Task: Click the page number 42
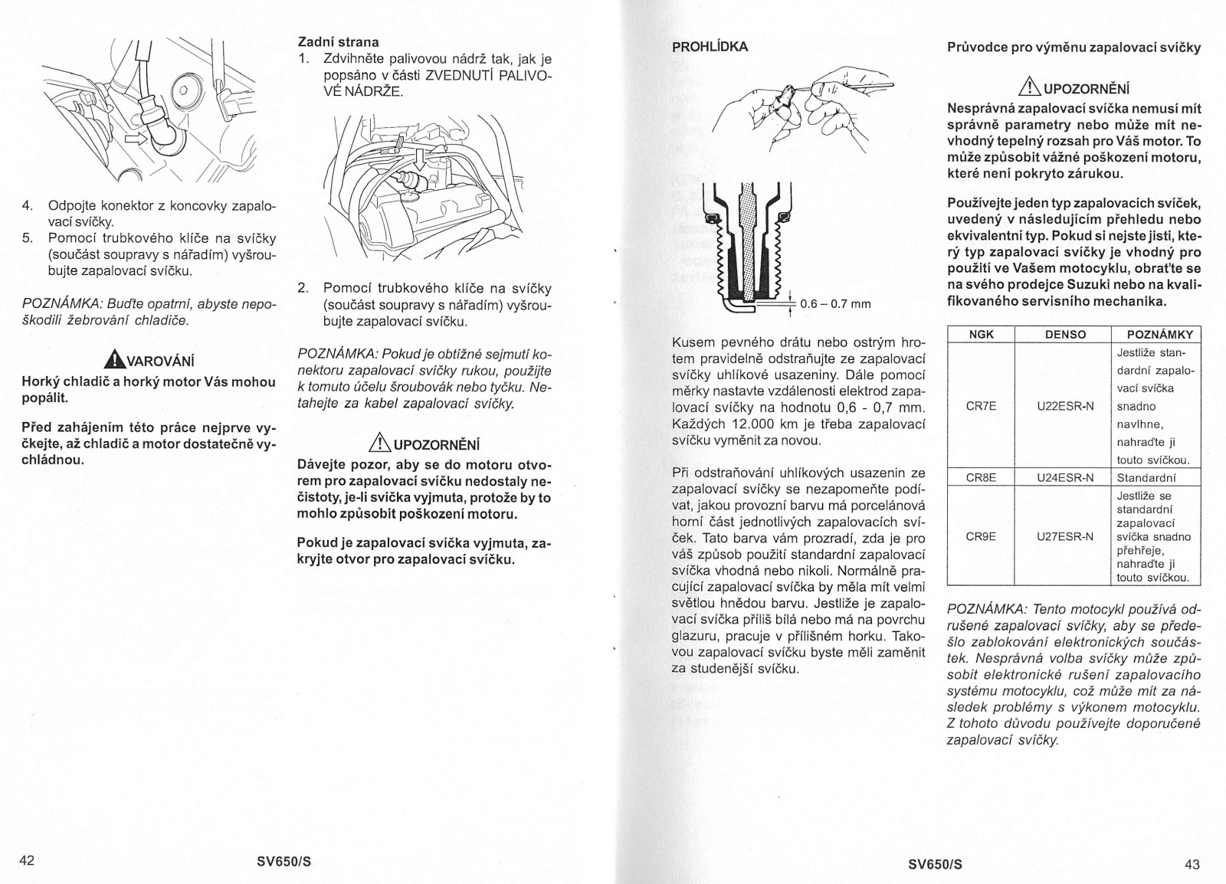[x=27, y=859]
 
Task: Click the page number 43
[x=1192, y=865]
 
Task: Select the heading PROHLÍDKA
[x=710, y=46]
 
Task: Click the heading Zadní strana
[x=338, y=42]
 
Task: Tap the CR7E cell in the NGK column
[x=981, y=406]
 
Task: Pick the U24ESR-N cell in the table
[x=1064, y=478]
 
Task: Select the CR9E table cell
[x=981, y=536]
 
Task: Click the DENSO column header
[x=1064, y=334]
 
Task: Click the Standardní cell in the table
[x=1146, y=478]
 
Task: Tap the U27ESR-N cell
[x=1064, y=536]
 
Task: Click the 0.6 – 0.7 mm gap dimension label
[x=835, y=303]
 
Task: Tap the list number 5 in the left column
[x=27, y=237]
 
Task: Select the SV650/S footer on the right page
[x=935, y=865]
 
